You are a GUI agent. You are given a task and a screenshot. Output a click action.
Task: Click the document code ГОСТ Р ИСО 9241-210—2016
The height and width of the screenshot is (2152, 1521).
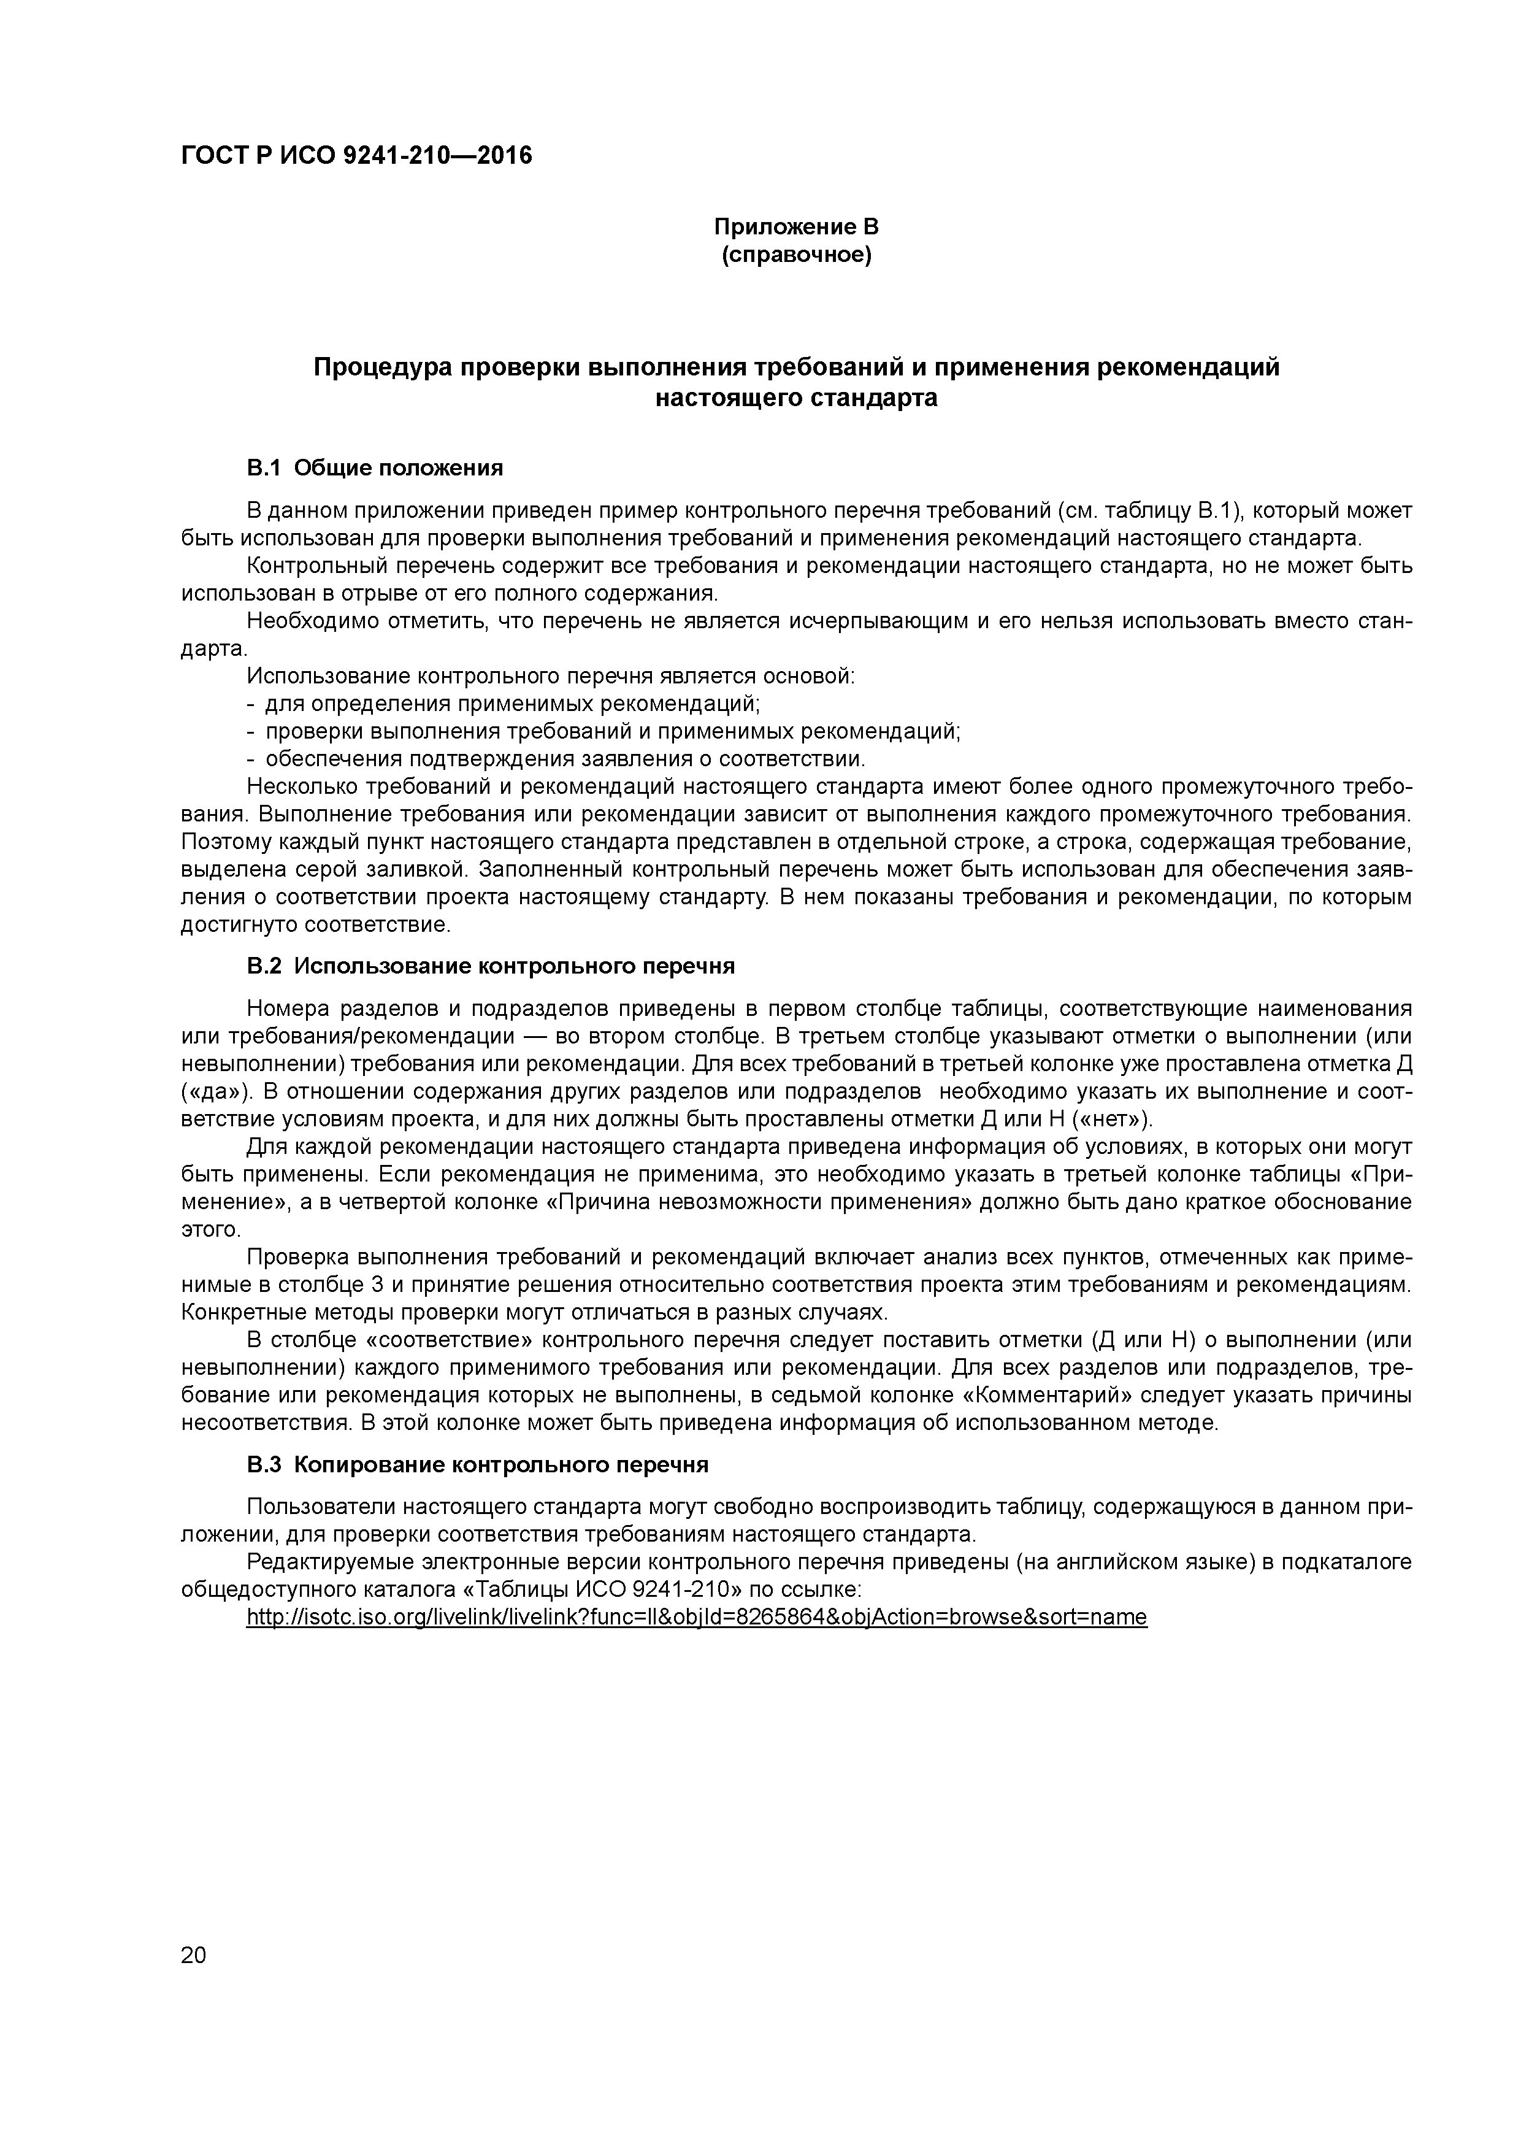[x=356, y=155]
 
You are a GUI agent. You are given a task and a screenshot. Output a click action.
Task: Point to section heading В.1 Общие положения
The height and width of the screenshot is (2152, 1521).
[x=375, y=467]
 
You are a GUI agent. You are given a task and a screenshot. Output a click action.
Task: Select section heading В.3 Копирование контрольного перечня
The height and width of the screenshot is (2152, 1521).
[x=477, y=1464]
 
